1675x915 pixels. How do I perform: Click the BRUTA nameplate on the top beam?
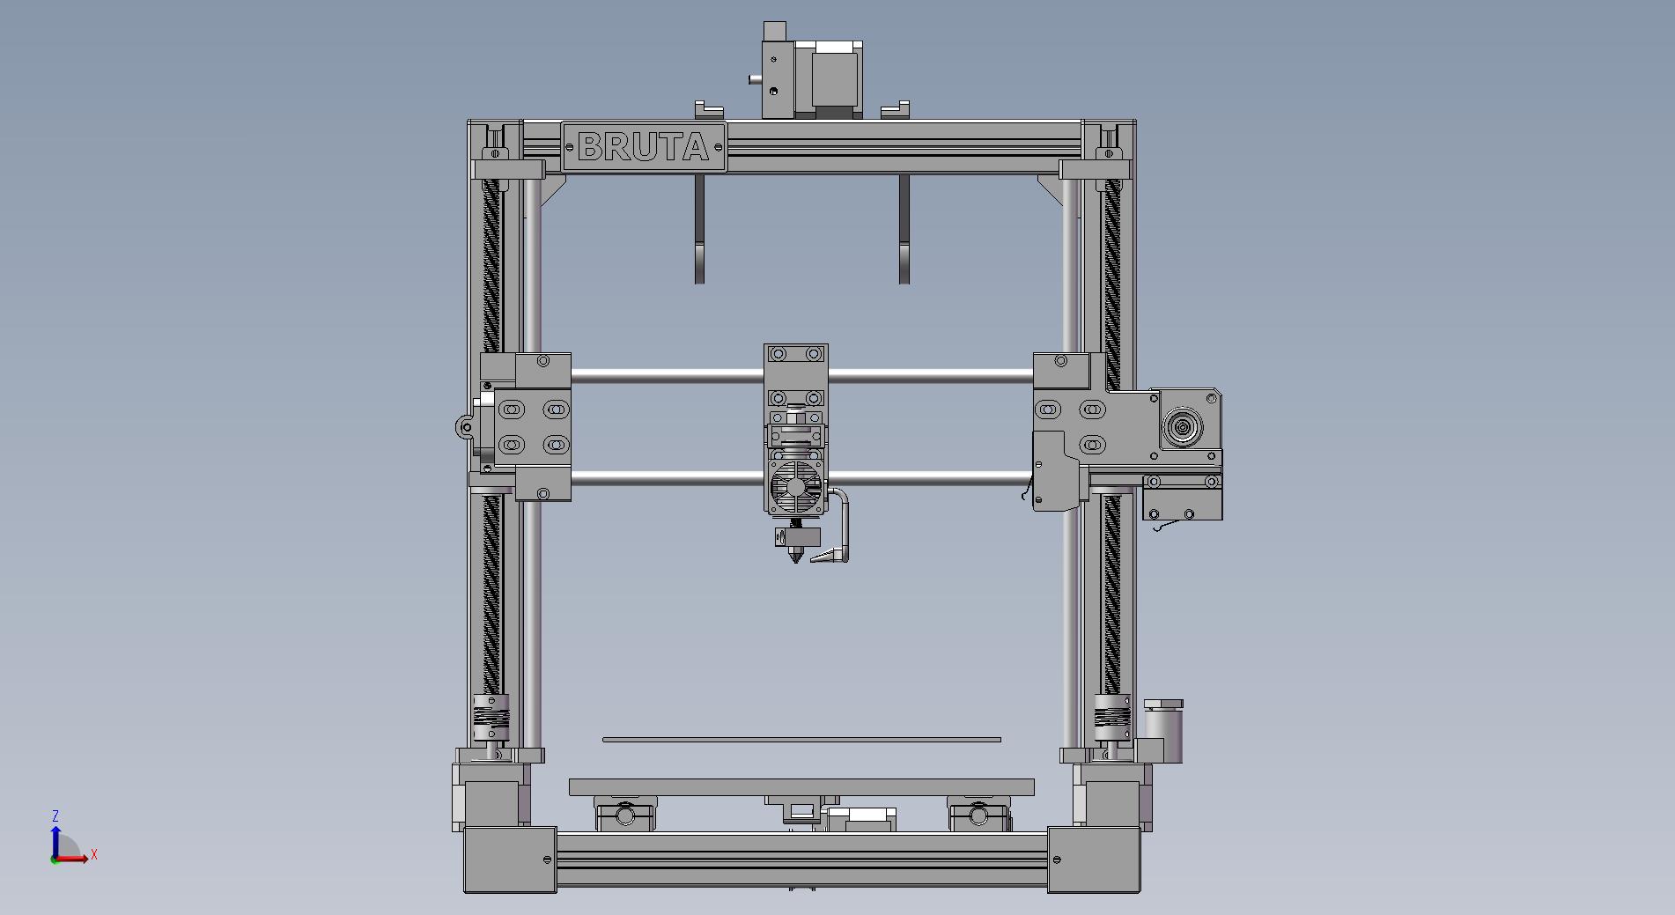pos(644,147)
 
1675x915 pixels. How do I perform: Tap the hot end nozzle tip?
pos(798,560)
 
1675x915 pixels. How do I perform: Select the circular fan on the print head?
pos(796,488)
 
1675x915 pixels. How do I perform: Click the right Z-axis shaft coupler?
pos(1112,717)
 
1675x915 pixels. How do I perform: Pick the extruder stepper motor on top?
pos(829,80)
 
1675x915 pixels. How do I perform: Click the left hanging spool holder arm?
pos(700,228)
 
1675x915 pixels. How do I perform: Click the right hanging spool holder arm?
pos(904,228)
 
